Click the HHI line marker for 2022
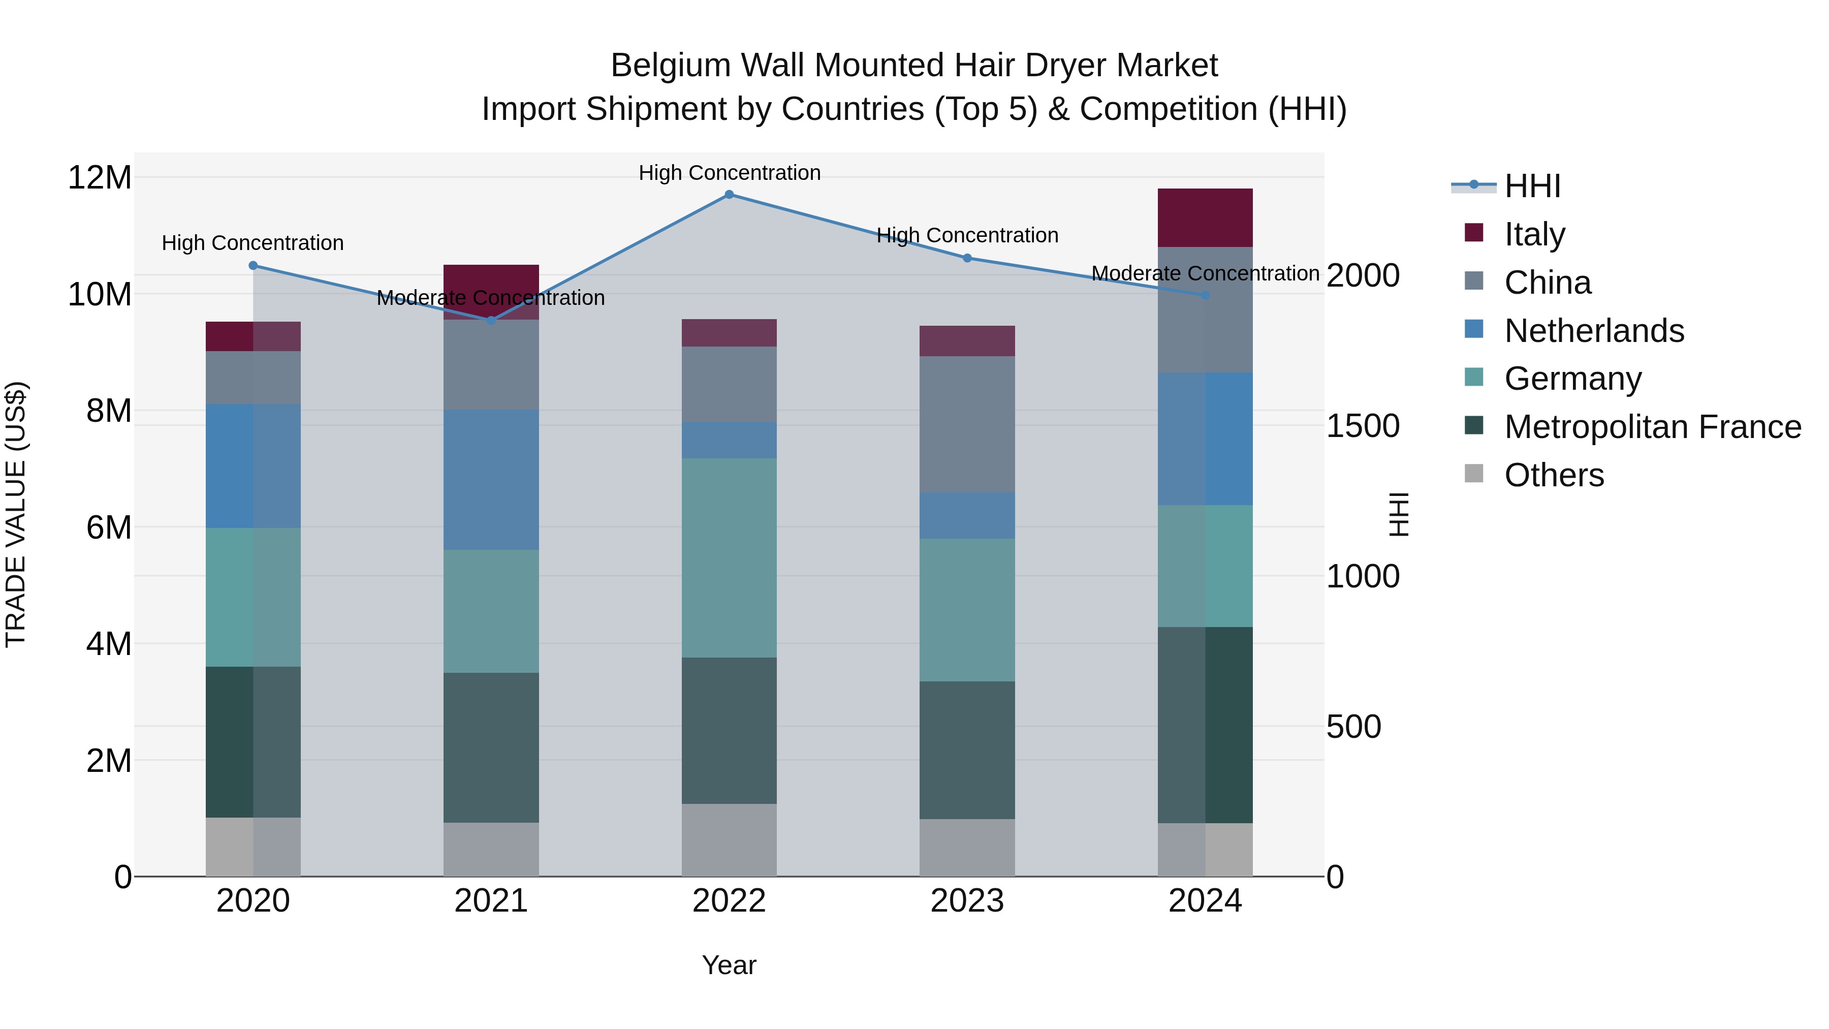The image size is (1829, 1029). coord(729,195)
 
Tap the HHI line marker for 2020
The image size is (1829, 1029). coord(254,266)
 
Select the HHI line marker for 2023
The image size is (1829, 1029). coord(967,259)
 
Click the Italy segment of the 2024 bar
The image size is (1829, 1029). coord(1205,218)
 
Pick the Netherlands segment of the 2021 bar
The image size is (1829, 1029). coord(491,480)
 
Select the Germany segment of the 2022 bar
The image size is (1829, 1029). coord(729,557)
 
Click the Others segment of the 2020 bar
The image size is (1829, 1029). coord(254,847)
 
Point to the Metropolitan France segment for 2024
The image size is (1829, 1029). coord(1205,725)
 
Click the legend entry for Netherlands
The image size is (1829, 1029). coord(1594,331)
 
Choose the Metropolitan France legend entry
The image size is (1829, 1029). coord(1652,427)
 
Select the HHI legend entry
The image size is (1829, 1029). coord(1532,186)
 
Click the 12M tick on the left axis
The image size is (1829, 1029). coord(100,177)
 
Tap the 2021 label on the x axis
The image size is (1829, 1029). coord(491,901)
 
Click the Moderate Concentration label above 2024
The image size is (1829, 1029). coord(1205,273)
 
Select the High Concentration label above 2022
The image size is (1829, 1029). coord(729,173)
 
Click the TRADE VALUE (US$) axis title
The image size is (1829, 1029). coord(16,514)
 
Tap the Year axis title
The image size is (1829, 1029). coord(729,965)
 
